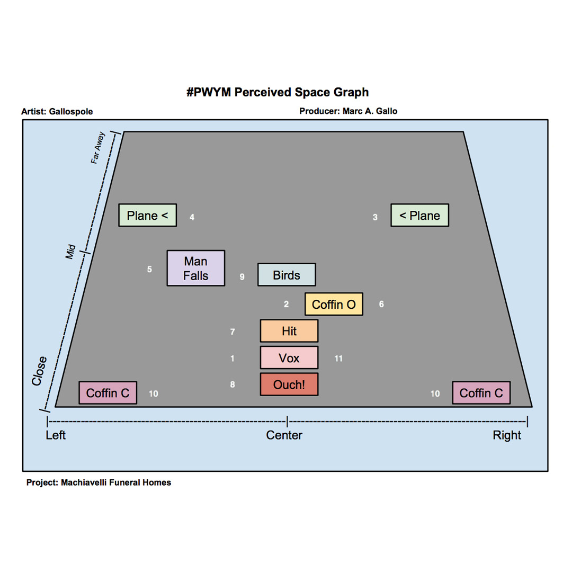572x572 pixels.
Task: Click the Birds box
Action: [x=287, y=275]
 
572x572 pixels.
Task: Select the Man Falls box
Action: [x=196, y=268]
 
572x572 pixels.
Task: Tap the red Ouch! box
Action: [x=289, y=384]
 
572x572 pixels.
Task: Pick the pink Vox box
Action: [x=289, y=358]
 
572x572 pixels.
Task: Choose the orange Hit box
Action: [x=289, y=331]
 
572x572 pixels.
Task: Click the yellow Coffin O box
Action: [x=334, y=304]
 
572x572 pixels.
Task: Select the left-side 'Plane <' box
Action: [x=148, y=215]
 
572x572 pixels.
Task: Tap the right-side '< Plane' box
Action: [x=420, y=215]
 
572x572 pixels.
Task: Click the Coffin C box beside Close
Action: [x=108, y=393]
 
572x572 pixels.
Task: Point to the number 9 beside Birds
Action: [x=242, y=276]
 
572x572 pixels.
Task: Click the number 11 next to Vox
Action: [x=338, y=359]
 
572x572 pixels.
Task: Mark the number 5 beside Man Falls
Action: [x=149, y=270]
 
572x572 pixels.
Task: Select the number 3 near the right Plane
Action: [x=375, y=217]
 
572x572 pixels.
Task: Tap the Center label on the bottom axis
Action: [x=284, y=435]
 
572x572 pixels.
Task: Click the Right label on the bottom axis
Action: [x=507, y=435]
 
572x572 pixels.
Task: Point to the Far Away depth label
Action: [x=99, y=148]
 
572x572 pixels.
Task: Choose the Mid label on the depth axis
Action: [x=70, y=252]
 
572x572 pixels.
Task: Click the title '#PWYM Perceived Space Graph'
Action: [x=278, y=92]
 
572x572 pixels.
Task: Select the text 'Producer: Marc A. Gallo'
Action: [x=348, y=111]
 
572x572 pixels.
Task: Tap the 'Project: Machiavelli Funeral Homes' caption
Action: [x=99, y=482]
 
